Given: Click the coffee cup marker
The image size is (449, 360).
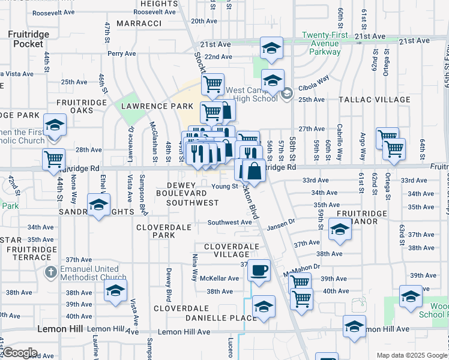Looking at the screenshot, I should (259, 270).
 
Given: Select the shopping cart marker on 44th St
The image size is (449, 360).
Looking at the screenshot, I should (53, 159).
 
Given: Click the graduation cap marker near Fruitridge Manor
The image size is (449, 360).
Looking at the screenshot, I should (340, 230).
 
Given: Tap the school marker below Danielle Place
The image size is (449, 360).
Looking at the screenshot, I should (264, 307).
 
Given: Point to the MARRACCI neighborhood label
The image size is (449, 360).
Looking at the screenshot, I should (139, 23).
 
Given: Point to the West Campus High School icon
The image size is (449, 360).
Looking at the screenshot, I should (286, 92).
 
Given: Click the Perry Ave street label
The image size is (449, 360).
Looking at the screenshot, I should (122, 53).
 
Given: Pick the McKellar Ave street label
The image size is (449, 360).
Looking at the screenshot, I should (220, 278).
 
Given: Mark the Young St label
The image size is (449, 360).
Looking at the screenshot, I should (225, 187).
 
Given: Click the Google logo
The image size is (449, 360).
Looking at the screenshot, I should (19, 353).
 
